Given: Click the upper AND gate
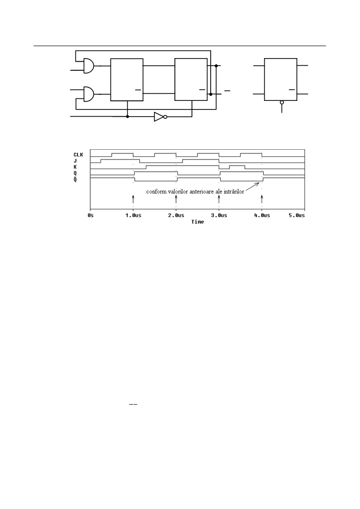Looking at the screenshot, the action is point(88,66).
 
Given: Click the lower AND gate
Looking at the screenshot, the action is point(88,94).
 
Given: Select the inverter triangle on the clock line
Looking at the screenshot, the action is point(159,117).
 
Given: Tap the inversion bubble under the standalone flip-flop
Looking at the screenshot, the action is point(281,102).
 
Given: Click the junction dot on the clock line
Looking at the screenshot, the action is point(127,116).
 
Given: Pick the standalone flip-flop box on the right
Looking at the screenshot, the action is point(280,79).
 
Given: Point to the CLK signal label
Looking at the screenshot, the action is point(78,155).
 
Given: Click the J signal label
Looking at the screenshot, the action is point(75,160).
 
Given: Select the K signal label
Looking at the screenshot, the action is point(75,167).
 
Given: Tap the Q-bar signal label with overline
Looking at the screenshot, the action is point(75,179).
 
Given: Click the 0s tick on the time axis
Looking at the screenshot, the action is point(90,215).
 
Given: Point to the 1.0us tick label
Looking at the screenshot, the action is point(133,215).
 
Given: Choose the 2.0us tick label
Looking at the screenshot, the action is point(176,215).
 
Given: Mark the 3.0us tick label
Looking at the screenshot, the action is point(219,215).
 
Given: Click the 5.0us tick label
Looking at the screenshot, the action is point(297,215).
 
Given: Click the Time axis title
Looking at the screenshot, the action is point(197,222).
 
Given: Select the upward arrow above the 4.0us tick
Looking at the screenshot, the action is point(262,199).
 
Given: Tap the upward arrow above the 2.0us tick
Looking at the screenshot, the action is point(176,199).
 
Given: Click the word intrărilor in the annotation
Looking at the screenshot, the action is point(234,192).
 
